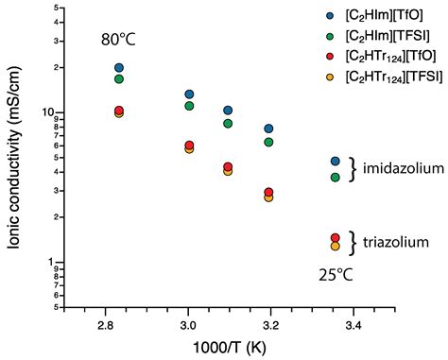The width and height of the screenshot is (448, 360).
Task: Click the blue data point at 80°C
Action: tap(119, 68)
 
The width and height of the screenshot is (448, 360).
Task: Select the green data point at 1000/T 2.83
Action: tap(119, 78)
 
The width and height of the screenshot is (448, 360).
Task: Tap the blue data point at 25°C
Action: tap(335, 162)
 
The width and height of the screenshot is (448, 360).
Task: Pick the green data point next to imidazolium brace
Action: tap(335, 177)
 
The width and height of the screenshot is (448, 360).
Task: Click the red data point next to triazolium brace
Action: tap(335, 238)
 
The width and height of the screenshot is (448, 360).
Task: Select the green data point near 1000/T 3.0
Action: tap(190, 105)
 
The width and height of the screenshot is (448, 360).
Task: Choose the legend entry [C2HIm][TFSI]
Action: tap(381, 35)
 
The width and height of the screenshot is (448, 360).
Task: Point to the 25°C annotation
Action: tap(333, 276)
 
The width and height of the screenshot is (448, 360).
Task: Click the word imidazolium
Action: tap(404, 169)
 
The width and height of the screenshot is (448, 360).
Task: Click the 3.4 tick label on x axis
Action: tap(353, 324)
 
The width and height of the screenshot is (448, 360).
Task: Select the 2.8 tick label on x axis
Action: tap(106, 324)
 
